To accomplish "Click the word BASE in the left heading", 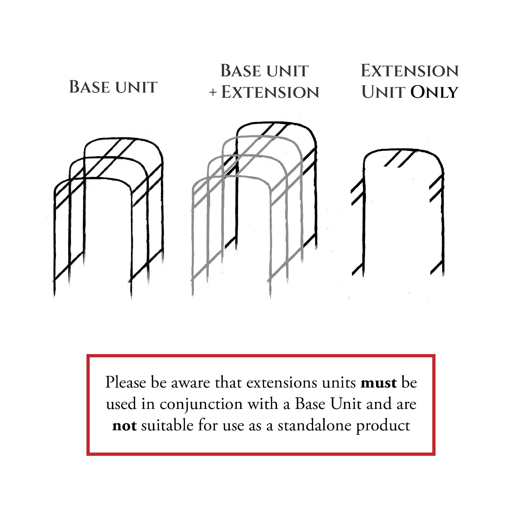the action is [x=90, y=87].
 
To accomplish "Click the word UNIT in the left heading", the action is [x=136, y=87].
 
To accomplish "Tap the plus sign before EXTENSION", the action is [x=213, y=92].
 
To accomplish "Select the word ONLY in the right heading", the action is [x=434, y=92].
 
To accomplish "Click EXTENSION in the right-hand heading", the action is [x=410, y=71].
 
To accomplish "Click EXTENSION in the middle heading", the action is [x=270, y=92].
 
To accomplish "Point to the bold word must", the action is [x=378, y=383].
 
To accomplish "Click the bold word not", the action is [x=124, y=426].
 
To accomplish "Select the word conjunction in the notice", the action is [x=201, y=404].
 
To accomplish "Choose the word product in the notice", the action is [x=383, y=426].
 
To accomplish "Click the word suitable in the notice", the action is [x=167, y=425].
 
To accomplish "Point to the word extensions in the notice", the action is [x=282, y=383].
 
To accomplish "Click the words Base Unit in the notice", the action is [x=329, y=404].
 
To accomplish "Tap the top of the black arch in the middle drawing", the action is [x=276, y=122].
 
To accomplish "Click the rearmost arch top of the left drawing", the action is [x=123, y=138].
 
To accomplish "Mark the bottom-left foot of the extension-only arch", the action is [x=363, y=276].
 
